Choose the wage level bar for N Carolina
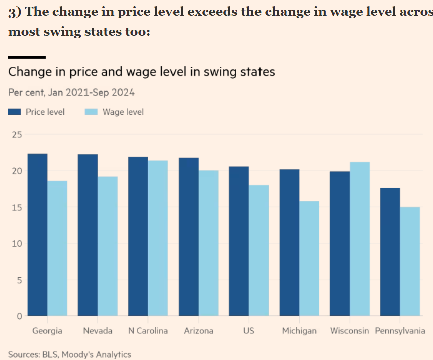click(158, 238)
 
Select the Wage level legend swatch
click(91, 112)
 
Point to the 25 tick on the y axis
click(17, 135)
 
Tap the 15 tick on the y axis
click(17, 207)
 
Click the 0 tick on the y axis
click(19, 316)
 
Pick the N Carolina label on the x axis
click(148, 331)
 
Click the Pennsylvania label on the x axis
click(400, 331)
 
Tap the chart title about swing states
click(141, 72)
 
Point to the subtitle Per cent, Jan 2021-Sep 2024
click(71, 93)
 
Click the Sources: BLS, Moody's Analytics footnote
click(69, 355)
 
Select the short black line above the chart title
click(27, 57)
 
